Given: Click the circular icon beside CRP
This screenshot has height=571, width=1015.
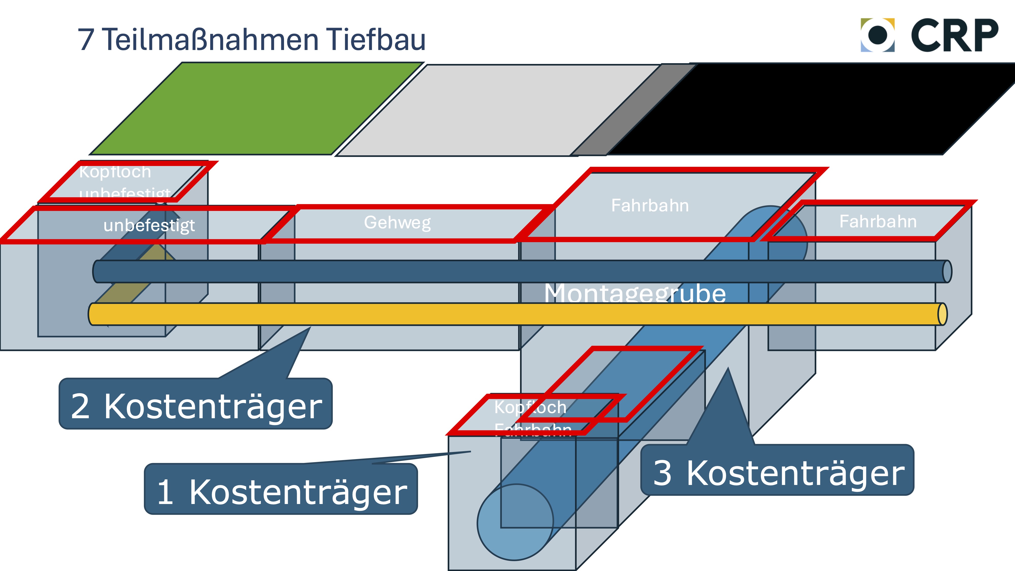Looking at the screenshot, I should (877, 35).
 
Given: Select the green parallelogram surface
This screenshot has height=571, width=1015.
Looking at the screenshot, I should (256, 108).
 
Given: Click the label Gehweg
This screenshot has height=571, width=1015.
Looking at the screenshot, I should (397, 223).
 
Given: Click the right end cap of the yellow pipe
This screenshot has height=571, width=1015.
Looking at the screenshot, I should (942, 314).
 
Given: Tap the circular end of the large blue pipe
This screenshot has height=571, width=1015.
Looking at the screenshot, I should (515, 522).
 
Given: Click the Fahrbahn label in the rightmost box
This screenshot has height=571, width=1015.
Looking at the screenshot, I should (878, 222).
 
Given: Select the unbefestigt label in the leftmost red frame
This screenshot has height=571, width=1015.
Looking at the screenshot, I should (149, 225).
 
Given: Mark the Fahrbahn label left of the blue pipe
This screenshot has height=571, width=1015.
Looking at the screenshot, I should (650, 205).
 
